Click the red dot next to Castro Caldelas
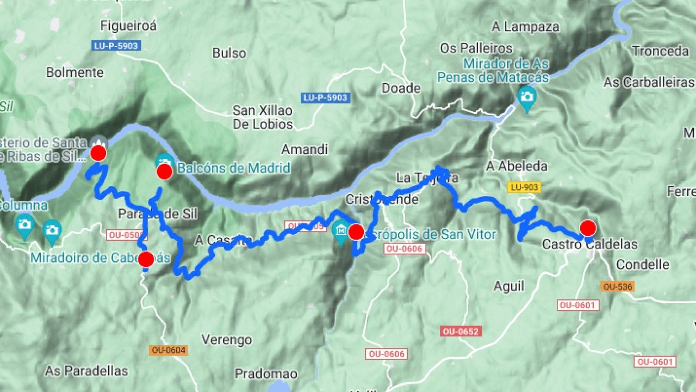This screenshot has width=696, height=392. click(588, 228)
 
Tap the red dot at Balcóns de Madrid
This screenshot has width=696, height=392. click(164, 172)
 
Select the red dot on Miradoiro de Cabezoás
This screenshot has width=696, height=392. click(146, 259)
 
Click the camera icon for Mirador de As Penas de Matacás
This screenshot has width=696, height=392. click(526, 97)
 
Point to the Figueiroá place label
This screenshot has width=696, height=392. click(128, 26)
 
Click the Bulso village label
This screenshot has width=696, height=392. click(229, 53)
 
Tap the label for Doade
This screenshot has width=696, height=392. click(401, 88)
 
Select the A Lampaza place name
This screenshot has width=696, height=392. click(525, 26)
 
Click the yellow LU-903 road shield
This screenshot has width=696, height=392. click(524, 187)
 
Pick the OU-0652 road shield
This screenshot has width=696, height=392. click(461, 331)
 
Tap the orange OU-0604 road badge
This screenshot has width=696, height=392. click(169, 351)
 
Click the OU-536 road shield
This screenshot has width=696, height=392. click(617, 286)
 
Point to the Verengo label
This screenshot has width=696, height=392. click(227, 340)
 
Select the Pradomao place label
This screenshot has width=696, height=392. click(266, 373)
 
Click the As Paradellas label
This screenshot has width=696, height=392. click(86, 371)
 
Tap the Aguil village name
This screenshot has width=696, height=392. click(509, 286)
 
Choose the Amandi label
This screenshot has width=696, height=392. click(304, 149)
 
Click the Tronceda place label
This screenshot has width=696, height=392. click(660, 51)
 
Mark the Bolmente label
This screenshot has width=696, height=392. click(74, 72)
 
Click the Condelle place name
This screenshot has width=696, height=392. click(643, 265)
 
